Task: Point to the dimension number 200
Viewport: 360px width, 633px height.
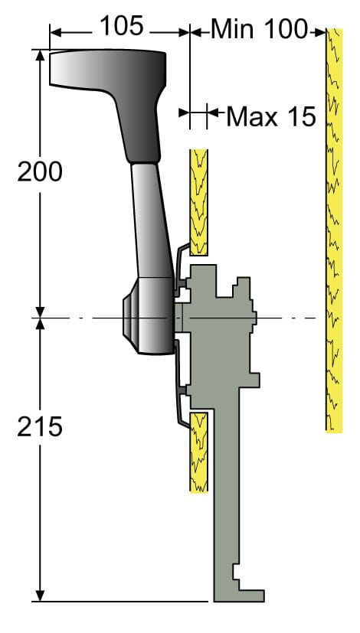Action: point(40,173)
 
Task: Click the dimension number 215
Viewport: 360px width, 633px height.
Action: point(40,427)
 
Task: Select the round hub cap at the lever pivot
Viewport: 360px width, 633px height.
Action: point(129,317)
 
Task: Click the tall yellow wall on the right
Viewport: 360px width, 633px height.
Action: point(334,230)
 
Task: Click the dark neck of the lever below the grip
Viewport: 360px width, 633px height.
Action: point(139,126)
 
